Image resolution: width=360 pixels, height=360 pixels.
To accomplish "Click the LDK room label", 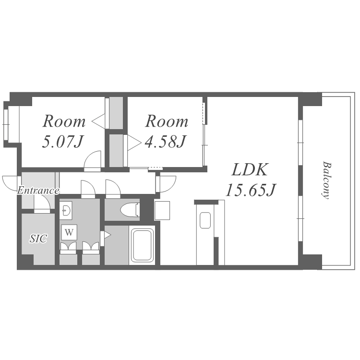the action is click(250, 169).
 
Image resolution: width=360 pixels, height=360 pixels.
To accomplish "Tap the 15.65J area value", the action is click(251, 191).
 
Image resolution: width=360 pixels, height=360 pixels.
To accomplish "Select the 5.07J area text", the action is click(62, 142).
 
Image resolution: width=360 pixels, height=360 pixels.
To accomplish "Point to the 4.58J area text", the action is click(165, 141).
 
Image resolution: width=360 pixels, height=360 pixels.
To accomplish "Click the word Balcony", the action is click(326, 180).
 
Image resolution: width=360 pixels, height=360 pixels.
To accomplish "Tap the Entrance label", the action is click(38, 191).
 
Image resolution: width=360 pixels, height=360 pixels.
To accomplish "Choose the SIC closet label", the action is click(38, 239).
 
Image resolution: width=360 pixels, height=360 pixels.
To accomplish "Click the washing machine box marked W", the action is click(69, 232).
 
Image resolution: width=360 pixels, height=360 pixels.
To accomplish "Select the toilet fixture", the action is click(130, 210).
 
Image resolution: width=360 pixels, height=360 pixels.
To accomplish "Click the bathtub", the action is click(142, 245).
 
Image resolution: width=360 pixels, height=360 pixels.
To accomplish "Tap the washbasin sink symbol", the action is click(66, 210).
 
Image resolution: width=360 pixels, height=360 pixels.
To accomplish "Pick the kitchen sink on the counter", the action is click(205, 220).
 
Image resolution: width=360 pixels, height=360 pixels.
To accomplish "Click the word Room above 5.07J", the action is click(64, 121).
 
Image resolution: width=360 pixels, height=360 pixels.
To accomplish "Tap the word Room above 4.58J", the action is click(167, 121).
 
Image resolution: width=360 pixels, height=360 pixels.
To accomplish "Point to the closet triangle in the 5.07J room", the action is click(98, 121).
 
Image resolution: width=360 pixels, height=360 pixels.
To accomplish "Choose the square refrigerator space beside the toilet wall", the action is click(162, 210).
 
